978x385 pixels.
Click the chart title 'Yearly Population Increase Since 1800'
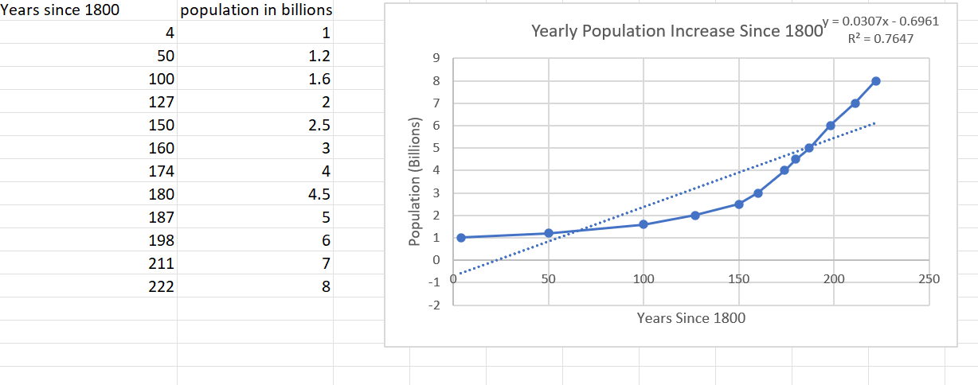[676, 33]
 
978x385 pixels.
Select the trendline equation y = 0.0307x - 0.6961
[890, 21]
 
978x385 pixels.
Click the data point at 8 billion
[876, 80]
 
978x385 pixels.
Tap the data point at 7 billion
[855, 103]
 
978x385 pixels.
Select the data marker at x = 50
[548, 233]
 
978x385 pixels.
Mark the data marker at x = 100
[644, 224]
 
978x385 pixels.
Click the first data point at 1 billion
[460, 237]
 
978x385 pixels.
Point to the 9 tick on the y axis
[435, 58]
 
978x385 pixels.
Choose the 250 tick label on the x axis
[929, 280]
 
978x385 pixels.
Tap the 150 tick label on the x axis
[739, 280]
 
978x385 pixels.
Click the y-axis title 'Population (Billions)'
[414, 181]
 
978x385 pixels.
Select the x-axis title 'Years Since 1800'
[690, 318]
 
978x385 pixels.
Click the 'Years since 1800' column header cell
[61, 10]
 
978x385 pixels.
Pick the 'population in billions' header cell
[256, 10]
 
